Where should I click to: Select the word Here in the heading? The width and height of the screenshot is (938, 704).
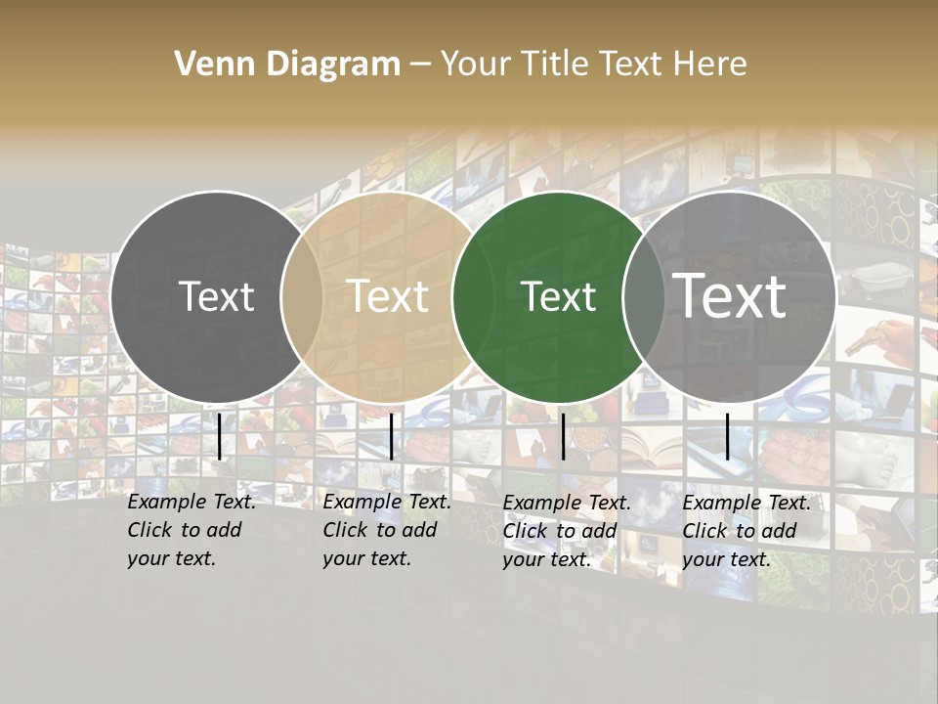tap(710, 65)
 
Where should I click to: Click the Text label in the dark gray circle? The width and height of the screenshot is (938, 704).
tap(216, 296)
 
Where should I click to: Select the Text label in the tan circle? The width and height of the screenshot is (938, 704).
tap(388, 296)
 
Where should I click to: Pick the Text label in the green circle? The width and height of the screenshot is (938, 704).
tap(558, 296)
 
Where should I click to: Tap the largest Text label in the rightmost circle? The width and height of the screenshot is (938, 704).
tap(730, 296)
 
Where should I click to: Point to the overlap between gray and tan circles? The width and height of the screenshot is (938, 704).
tap(302, 296)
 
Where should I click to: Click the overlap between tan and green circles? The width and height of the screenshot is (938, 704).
tap(472, 296)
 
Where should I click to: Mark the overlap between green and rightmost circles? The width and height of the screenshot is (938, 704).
tap(644, 296)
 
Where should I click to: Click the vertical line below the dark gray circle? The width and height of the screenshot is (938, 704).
tap(220, 436)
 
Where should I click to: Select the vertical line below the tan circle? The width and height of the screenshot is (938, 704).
tap(391, 436)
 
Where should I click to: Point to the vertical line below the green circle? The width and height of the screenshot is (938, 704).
tap(563, 436)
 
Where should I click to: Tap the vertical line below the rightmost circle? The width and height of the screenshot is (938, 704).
tap(728, 436)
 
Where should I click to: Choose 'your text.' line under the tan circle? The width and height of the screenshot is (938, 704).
tap(366, 558)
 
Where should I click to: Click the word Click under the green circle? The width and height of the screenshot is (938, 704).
tap(526, 531)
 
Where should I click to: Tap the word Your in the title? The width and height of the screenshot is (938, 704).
tap(476, 65)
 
